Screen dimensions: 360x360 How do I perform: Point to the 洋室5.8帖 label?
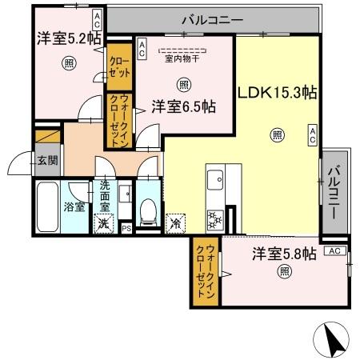[x=284, y=254]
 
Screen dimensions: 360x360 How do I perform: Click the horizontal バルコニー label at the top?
[x=211, y=19]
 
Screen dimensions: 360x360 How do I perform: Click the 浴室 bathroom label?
[x=76, y=206]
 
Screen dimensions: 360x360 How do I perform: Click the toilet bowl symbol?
[x=147, y=209]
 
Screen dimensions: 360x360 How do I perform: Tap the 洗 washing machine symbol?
[x=104, y=225]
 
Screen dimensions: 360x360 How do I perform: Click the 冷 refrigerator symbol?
[x=174, y=223]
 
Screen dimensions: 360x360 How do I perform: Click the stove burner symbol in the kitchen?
[x=215, y=217]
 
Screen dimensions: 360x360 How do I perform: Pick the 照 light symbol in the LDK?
[x=277, y=134]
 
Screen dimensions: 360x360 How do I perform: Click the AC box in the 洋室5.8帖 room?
[x=335, y=250]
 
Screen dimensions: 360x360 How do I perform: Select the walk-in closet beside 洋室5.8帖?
[x=206, y=272]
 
